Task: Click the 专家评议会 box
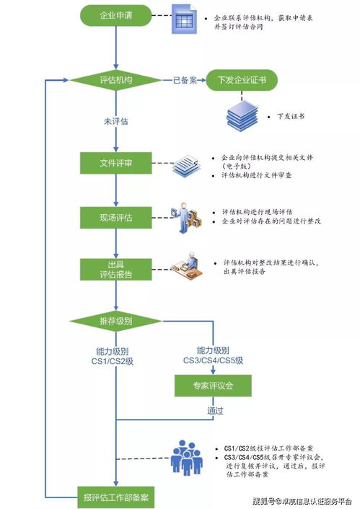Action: [213, 386]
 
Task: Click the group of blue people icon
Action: [187, 458]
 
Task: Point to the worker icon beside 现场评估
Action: [185, 216]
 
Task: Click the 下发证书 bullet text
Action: [290, 115]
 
